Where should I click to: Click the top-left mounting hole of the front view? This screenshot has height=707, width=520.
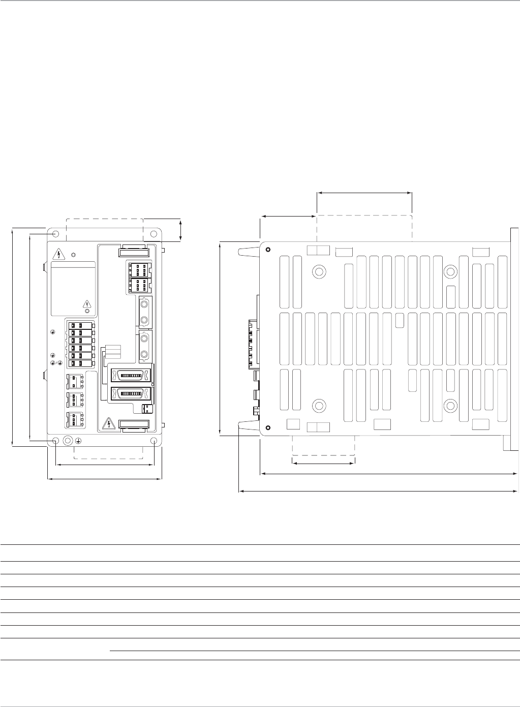click(x=56, y=234)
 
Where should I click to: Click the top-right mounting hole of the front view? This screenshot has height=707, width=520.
click(x=154, y=234)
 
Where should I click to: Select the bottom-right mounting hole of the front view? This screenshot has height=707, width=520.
click(x=154, y=441)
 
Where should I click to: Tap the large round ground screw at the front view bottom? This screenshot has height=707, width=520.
click(x=67, y=441)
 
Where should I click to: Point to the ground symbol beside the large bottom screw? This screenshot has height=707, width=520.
click(x=78, y=441)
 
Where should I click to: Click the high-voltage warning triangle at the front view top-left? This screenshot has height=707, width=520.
click(x=59, y=254)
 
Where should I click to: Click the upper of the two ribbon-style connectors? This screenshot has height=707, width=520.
click(x=131, y=376)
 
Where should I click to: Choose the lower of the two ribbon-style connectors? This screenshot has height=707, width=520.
click(x=131, y=394)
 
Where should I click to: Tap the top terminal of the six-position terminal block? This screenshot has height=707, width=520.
click(x=80, y=325)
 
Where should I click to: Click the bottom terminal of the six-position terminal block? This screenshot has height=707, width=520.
click(x=80, y=363)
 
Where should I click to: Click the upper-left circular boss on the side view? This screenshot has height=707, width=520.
click(x=319, y=271)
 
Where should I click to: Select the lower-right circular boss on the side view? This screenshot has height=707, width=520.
click(x=450, y=405)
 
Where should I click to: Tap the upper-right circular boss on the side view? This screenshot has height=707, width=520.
click(x=450, y=271)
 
